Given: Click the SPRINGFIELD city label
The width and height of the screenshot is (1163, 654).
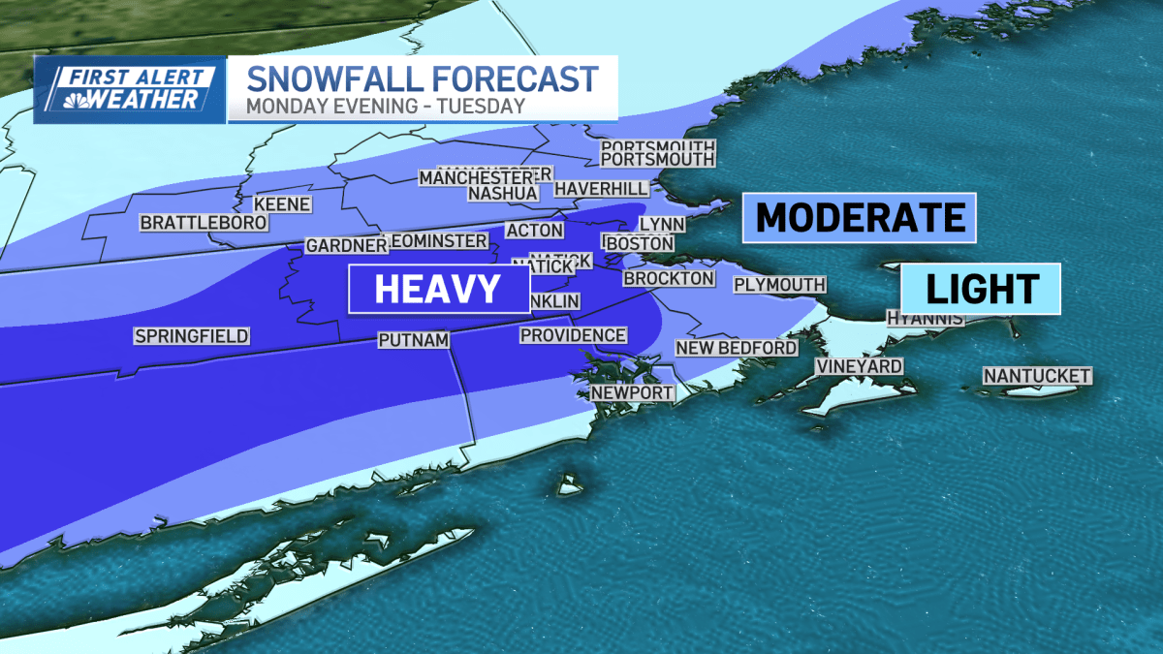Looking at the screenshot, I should coord(192,336).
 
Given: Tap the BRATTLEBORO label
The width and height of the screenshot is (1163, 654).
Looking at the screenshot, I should coord(190,223).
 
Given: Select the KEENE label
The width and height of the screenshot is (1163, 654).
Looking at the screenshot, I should coord(282,204).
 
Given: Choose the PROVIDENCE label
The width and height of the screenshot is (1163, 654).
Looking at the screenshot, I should coord(573,335).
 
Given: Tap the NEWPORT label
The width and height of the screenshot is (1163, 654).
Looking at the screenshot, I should coord(632,392).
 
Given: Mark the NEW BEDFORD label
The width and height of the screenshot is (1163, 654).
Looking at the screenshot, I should coord(737,347).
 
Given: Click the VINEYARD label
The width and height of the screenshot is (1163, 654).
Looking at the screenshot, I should coord(858,366).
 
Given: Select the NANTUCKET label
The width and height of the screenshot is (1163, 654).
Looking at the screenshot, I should coord(1037,375).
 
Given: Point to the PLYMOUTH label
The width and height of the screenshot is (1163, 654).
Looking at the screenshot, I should coord(779,284).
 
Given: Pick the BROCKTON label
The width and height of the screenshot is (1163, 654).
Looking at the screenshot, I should coord(669,278).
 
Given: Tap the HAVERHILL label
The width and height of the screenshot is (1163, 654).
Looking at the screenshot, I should coord(595,188).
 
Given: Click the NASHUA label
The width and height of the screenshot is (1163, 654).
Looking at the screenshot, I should coord(502,193).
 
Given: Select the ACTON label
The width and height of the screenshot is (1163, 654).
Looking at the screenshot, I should coord(534,230).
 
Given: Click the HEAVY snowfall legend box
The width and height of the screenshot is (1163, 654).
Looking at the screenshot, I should coord(438,289).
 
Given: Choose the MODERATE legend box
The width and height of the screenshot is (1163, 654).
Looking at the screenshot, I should coord(859,217).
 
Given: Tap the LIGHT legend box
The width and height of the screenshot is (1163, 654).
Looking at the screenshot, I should coord(981,288).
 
